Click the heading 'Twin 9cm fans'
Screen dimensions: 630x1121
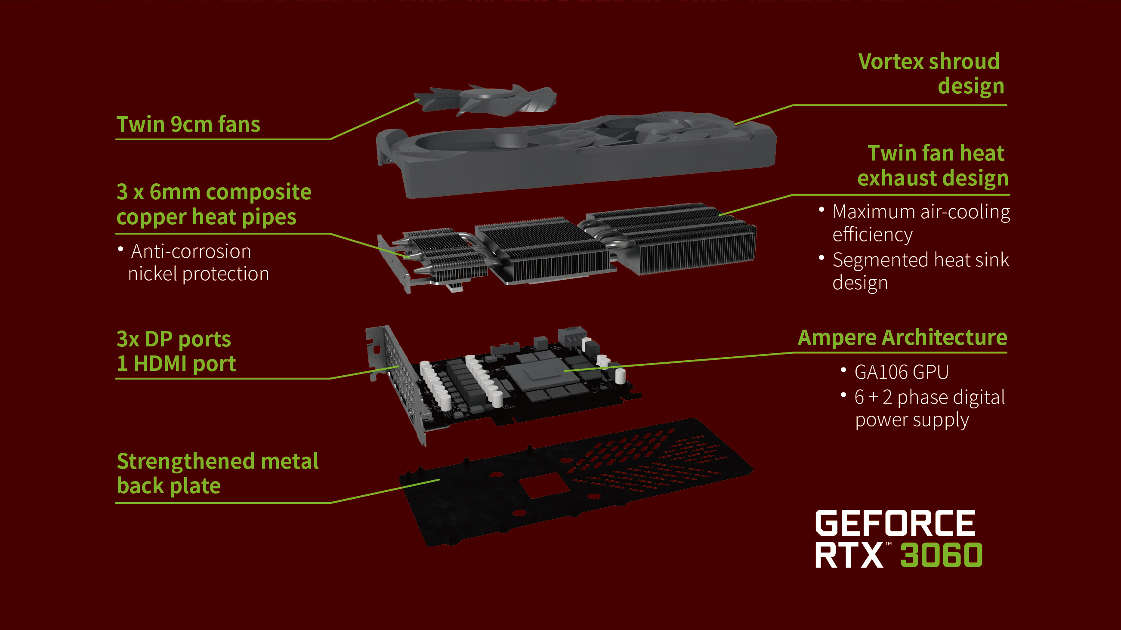[x=188, y=124]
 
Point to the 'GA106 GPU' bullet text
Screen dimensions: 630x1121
[x=901, y=372]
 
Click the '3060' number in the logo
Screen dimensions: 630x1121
[x=941, y=556]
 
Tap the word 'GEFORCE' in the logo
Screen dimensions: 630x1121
[x=895, y=523]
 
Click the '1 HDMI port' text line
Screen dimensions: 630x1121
[x=176, y=364]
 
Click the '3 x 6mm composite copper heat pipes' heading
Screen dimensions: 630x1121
[x=213, y=204]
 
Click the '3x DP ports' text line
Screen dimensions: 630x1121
[x=173, y=340]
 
